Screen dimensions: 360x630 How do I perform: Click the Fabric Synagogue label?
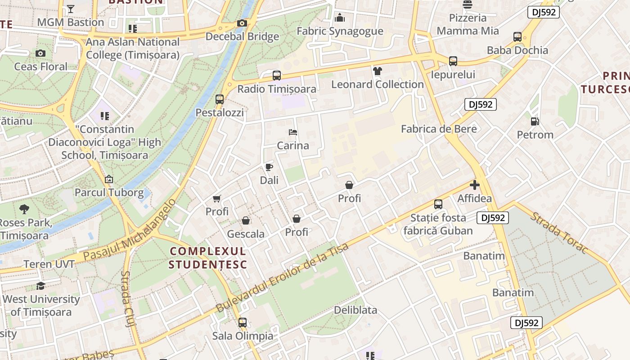340,31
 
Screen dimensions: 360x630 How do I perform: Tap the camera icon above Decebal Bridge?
242,23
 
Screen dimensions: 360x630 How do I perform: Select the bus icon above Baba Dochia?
517,37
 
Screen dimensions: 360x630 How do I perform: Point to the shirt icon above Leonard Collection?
377,71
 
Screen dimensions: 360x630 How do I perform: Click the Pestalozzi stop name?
220,112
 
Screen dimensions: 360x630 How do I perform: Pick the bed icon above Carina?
293,132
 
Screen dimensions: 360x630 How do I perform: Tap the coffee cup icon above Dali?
269,167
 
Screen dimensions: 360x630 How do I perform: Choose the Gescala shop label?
246,234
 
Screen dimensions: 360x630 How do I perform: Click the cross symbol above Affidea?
474,185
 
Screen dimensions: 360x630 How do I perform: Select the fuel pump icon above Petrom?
535,121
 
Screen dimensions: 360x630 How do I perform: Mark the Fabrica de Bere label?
439,129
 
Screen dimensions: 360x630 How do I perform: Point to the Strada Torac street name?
559,232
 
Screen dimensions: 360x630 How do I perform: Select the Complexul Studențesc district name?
208,258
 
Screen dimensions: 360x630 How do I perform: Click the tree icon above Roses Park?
24,209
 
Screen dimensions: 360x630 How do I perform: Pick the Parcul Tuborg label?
109,193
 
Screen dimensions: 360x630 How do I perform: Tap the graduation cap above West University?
40,286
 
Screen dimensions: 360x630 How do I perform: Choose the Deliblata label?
355,310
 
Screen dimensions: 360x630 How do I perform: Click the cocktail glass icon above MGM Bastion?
71,9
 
